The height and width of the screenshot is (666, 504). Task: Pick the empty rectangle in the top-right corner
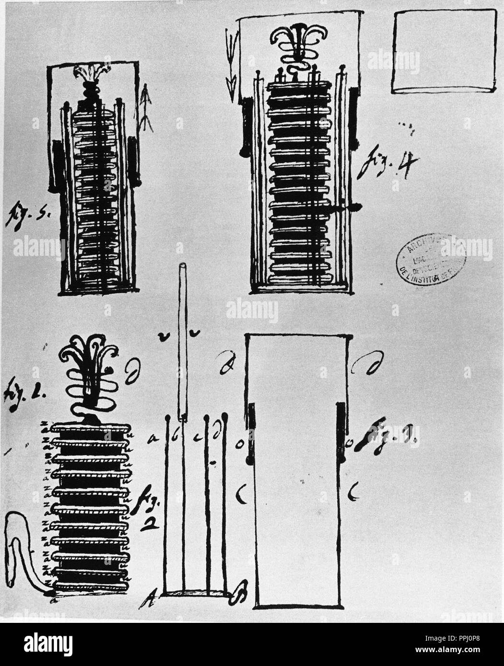pyautogui.click(x=444, y=51)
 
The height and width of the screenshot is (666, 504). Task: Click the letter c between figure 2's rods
pyautogui.click(x=196, y=437)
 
